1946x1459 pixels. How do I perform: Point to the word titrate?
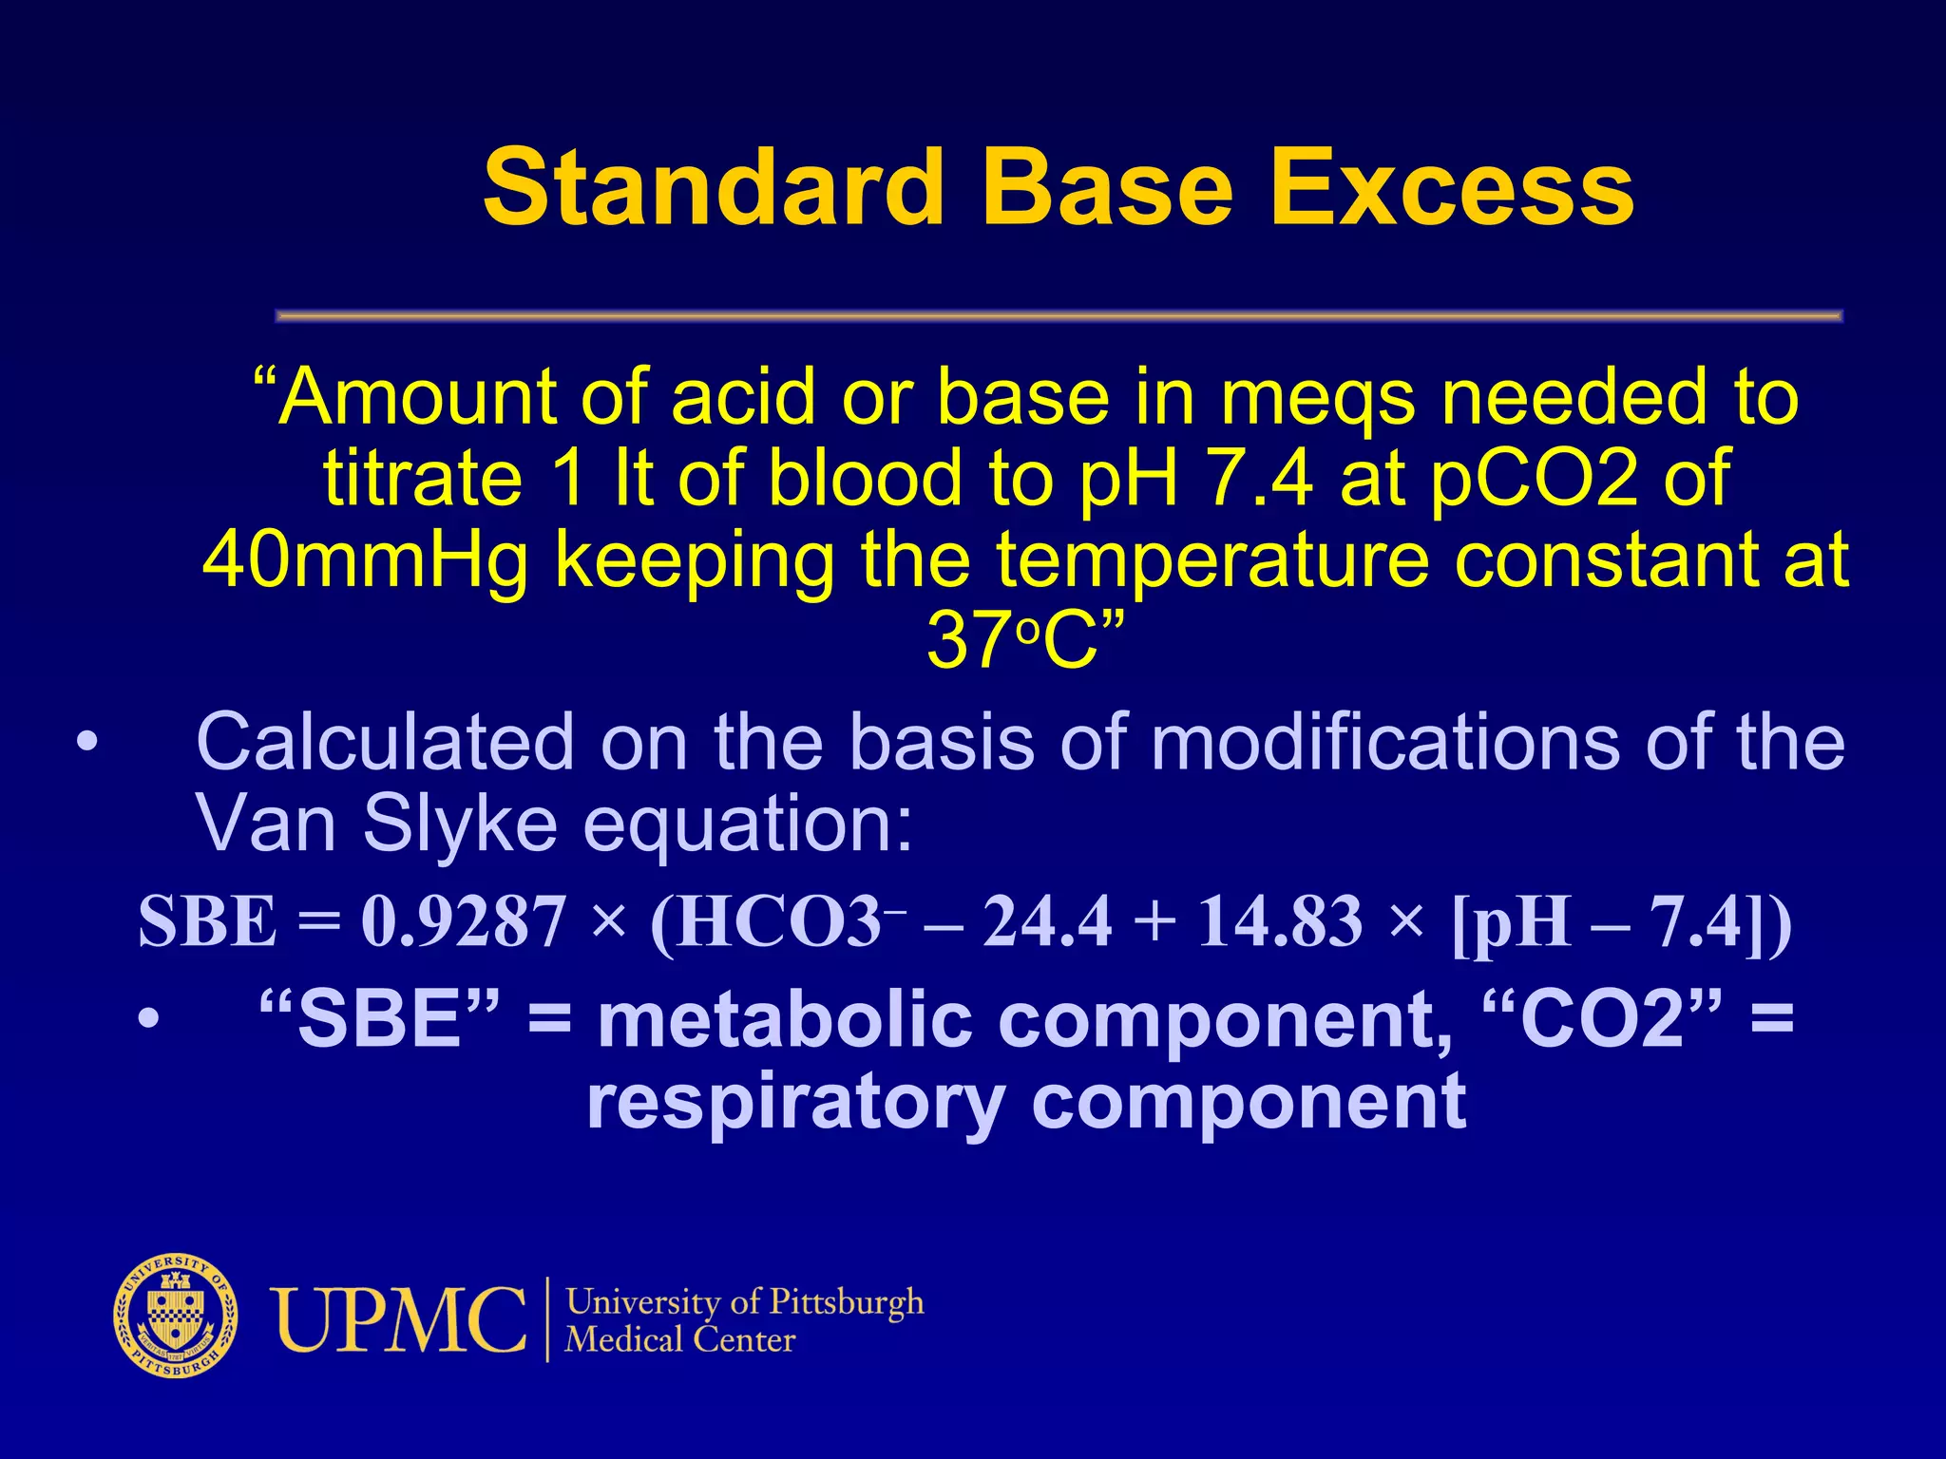coord(423,478)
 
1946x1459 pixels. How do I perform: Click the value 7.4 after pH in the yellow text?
coord(1259,478)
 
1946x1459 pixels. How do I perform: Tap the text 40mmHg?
coord(365,560)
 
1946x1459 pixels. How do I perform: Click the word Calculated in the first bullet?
coord(385,742)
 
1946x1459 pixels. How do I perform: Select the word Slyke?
coord(460,823)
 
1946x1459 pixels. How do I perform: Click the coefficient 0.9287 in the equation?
coord(463,922)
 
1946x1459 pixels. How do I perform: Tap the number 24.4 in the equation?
coord(1046,922)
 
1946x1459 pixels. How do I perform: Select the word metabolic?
coord(785,1020)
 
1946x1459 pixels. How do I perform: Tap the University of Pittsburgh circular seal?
coord(176,1317)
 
